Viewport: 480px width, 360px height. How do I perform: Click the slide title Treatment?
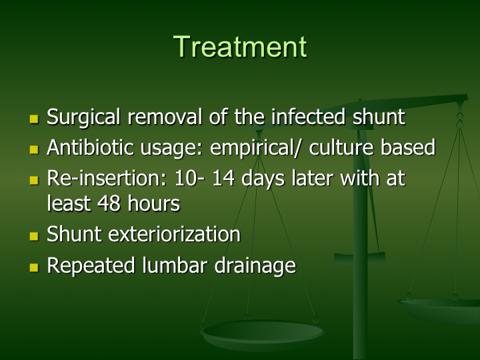pos(240,47)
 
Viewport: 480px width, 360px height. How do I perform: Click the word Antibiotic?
pos(90,147)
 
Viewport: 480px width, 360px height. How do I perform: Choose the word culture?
pos(341,147)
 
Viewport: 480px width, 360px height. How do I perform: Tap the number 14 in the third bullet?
pos(223,178)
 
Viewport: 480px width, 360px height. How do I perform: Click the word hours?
pos(154,203)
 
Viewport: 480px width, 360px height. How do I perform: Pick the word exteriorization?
pos(175,234)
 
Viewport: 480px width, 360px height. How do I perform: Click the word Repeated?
pos(91,265)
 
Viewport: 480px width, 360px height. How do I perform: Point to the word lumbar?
pos(175,265)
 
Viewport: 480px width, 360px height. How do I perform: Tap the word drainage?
pos(255,265)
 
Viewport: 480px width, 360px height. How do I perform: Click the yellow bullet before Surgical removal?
pos(34,119)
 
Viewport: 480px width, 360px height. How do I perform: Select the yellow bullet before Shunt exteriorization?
pos(34,236)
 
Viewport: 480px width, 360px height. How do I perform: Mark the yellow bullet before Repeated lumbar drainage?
pos(34,267)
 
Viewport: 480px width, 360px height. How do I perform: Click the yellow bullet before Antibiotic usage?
pos(34,149)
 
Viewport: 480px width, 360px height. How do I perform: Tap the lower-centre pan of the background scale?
pos(262,334)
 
